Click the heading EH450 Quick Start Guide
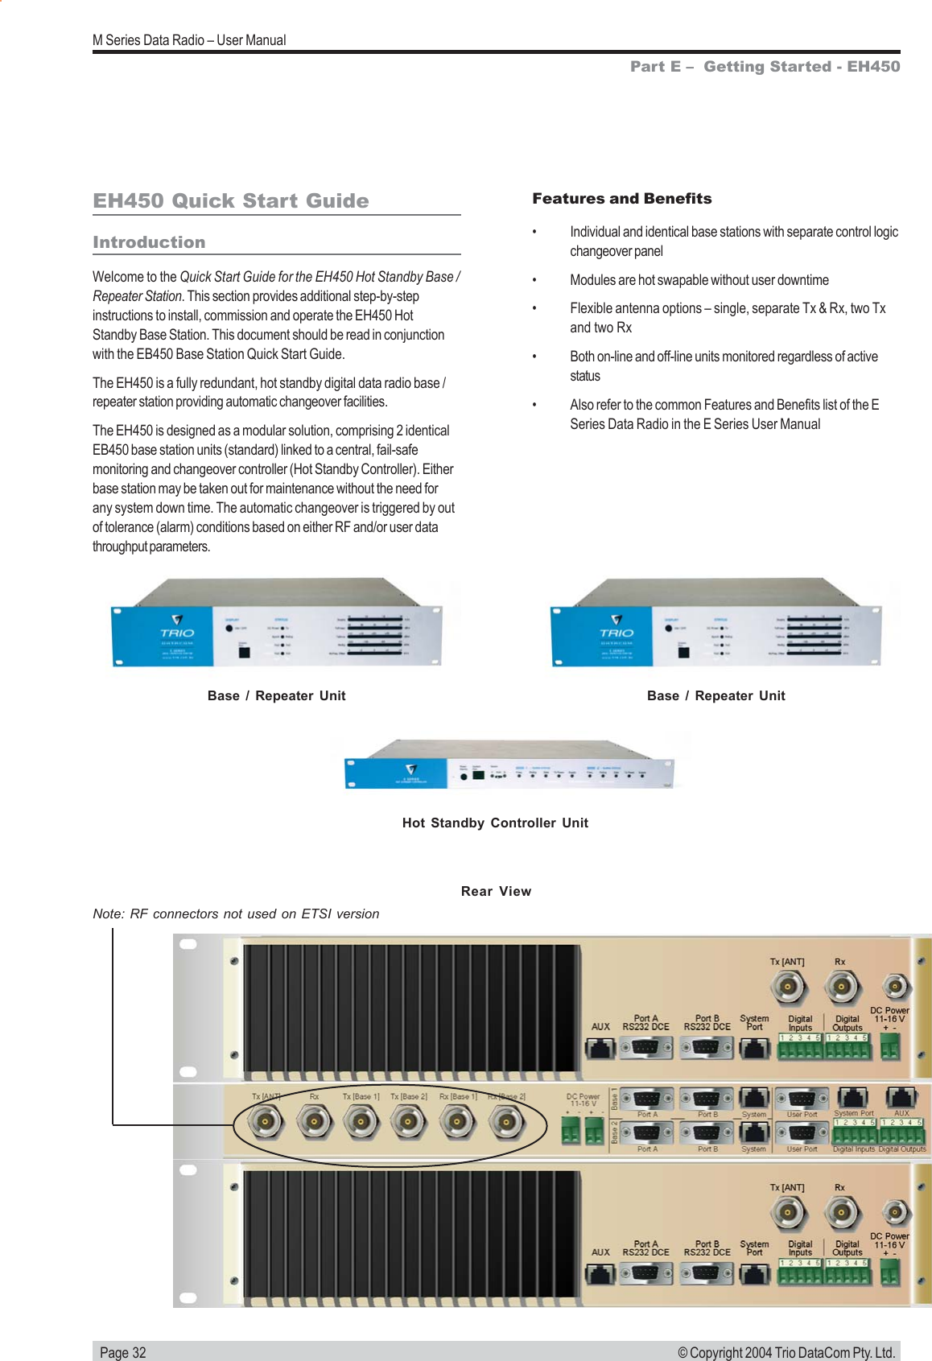[x=231, y=200]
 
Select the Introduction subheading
[x=149, y=242]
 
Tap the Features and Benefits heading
[x=621, y=199]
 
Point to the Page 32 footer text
[x=123, y=1352]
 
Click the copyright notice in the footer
[x=786, y=1352]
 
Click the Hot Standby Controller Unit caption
[x=495, y=823]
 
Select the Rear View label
[x=496, y=891]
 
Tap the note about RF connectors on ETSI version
[x=236, y=914]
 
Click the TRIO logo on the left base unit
[x=177, y=629]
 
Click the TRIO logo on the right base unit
[x=617, y=629]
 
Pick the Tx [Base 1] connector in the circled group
[x=361, y=1121]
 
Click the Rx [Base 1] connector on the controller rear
[x=457, y=1121]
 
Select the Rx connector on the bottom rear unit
[x=842, y=1211]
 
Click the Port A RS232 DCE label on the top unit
[x=645, y=1022]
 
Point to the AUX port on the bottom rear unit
[x=600, y=1273]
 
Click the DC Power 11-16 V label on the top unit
[x=889, y=1015]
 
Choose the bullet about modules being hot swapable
[x=699, y=280]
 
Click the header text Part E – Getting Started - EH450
[x=765, y=67]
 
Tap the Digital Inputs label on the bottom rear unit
[x=800, y=1248]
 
